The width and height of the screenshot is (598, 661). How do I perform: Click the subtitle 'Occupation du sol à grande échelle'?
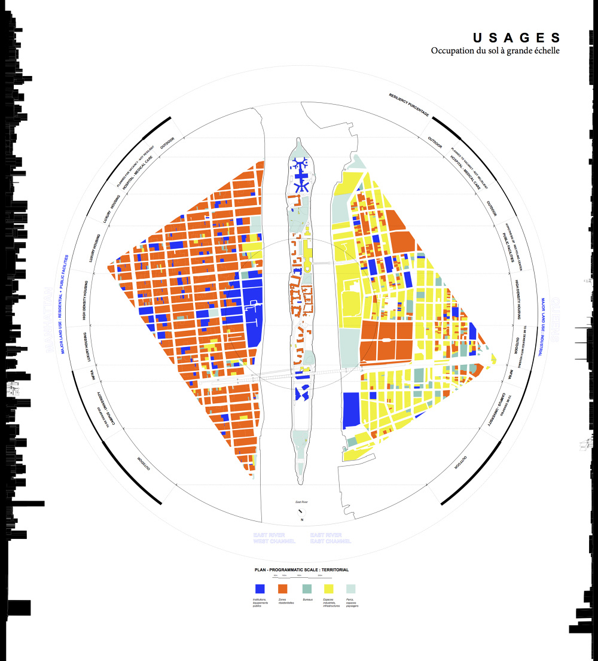pyautogui.click(x=495, y=51)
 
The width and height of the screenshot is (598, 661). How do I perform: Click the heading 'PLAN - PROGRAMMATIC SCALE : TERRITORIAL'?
pyautogui.click(x=301, y=569)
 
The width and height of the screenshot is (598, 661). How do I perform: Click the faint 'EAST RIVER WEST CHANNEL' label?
pyautogui.click(x=269, y=538)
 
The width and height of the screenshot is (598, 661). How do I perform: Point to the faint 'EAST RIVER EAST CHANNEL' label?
pyautogui.click(x=327, y=538)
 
